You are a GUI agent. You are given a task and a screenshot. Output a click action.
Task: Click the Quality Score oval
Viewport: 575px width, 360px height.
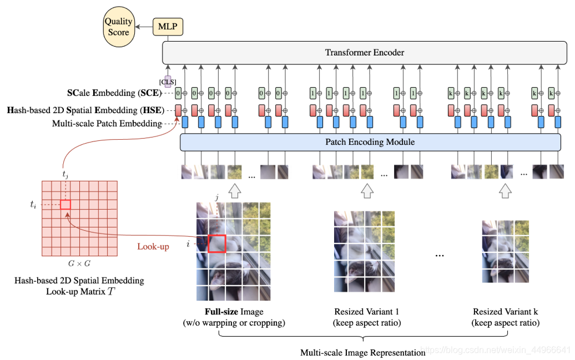click(118, 27)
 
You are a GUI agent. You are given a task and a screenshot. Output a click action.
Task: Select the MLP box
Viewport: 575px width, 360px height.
click(168, 26)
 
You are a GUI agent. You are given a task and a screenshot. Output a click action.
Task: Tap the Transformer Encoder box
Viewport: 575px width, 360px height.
click(364, 53)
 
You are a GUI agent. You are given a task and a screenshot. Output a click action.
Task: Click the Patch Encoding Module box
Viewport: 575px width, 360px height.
click(370, 142)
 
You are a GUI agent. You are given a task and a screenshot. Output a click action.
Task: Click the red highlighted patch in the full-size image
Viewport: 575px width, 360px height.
click(217, 243)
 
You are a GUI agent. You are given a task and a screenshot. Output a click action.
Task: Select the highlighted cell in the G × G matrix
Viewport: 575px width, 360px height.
click(65, 204)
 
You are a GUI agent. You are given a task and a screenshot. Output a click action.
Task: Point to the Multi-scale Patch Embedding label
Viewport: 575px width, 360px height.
click(107, 123)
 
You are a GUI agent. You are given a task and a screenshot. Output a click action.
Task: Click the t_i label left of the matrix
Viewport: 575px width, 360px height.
click(34, 204)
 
